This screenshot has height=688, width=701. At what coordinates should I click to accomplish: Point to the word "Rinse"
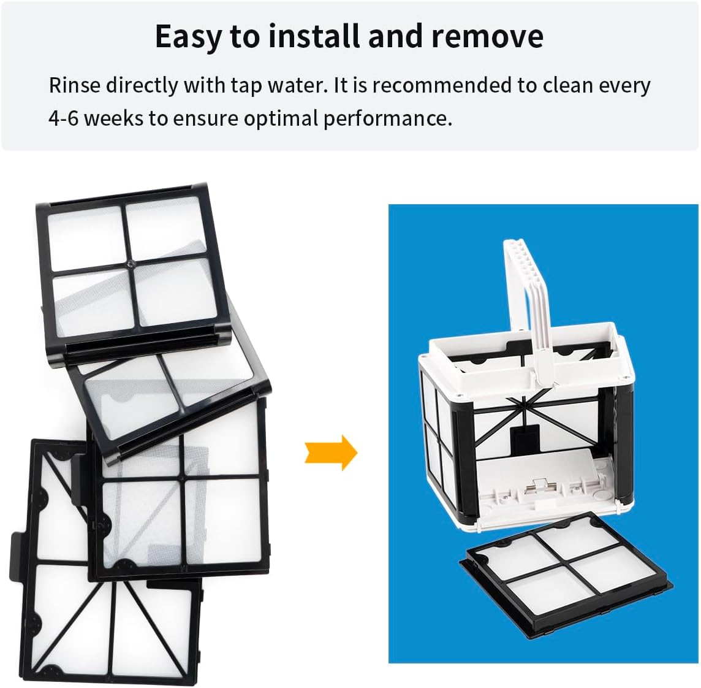tap(75, 85)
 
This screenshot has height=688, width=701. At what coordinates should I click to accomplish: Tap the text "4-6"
tap(63, 118)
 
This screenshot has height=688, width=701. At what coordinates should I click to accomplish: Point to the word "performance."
tap(387, 119)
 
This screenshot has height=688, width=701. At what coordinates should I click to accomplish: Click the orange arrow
tap(331, 453)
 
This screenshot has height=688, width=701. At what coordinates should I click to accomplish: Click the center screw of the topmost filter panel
tap(130, 264)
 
